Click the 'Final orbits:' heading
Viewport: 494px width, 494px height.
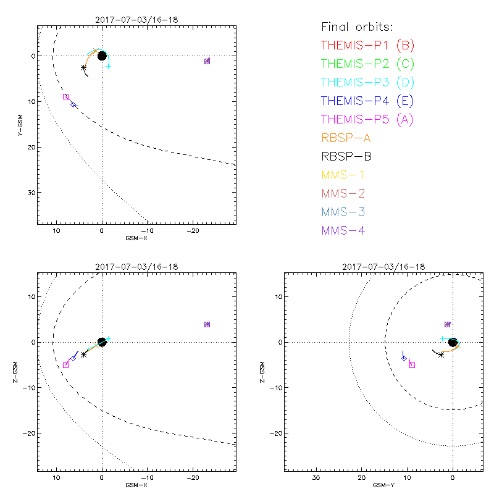[x=357, y=27]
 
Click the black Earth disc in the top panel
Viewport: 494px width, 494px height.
[x=102, y=56]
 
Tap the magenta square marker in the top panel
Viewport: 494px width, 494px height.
[x=66, y=96]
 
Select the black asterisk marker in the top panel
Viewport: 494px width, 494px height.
[x=83, y=67]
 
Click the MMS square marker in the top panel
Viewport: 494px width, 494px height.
[x=207, y=61]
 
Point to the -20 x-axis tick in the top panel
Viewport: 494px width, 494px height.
[x=192, y=230]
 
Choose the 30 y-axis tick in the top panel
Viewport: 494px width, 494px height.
[x=30, y=193]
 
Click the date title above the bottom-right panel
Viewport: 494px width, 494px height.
[x=383, y=267]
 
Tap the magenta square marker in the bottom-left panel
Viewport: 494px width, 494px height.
[x=65, y=365]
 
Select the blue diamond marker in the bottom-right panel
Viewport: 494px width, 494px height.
[x=404, y=358]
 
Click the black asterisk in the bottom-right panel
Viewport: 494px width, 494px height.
[x=441, y=354]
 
